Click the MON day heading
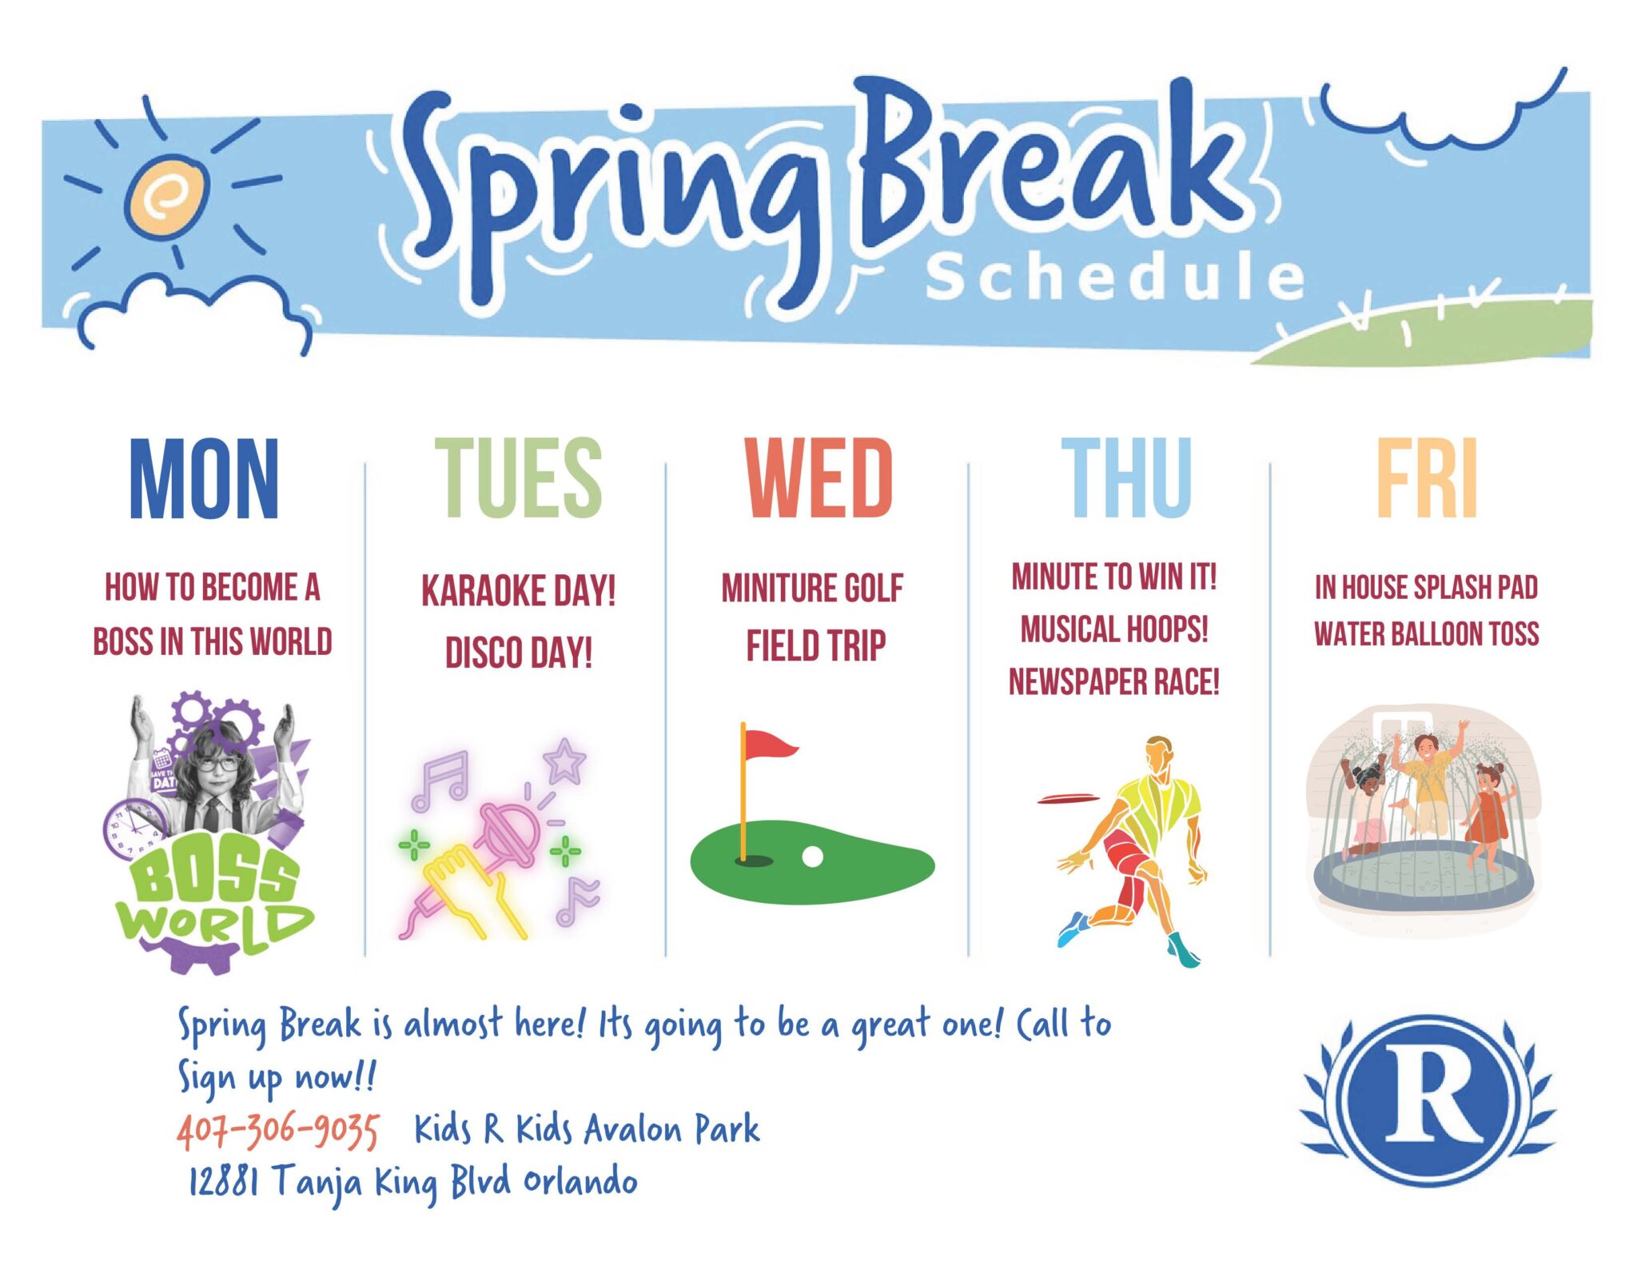[204, 478]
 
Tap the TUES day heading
[518, 478]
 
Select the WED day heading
[818, 478]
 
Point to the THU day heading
[1125, 478]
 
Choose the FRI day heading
[1427, 478]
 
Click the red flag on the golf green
[769, 745]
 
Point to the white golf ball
[812, 857]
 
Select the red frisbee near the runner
[1067, 798]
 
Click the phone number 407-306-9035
[278, 1130]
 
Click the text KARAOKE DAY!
[518, 592]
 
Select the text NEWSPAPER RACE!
[1113, 682]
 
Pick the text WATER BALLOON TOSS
[1426, 634]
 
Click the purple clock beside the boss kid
[133, 828]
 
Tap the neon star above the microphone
[565, 761]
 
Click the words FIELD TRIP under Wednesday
[815, 646]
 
